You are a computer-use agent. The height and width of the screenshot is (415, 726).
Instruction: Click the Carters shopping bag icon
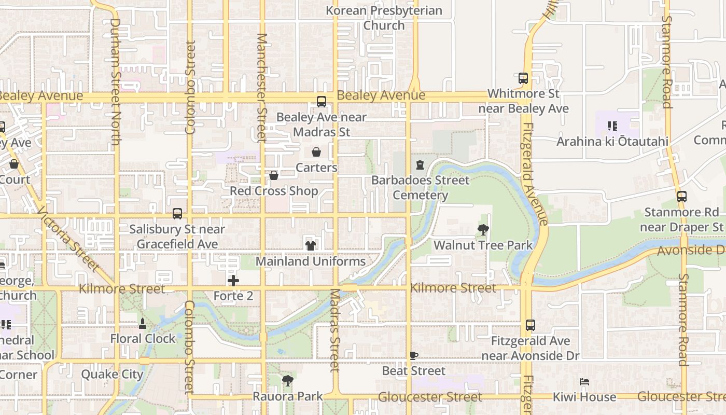point(316,152)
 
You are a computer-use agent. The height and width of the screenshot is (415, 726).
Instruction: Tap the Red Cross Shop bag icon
point(274,176)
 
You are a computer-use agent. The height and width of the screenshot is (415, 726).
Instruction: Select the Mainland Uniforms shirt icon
point(311,245)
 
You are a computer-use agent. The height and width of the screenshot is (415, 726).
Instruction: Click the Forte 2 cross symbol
point(233,281)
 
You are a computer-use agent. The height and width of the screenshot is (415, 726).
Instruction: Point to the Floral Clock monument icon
point(143,324)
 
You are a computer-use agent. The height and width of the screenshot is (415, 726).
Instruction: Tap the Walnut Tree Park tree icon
point(483,229)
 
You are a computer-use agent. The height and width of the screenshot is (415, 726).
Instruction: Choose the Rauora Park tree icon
point(287,381)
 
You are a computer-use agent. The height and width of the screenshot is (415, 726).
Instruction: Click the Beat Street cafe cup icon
point(413,356)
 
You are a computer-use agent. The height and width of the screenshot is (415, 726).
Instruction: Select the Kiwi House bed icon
point(584,382)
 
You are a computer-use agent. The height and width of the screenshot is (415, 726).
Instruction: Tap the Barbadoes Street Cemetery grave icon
point(420,165)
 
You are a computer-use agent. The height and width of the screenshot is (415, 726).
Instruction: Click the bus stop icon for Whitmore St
point(523,78)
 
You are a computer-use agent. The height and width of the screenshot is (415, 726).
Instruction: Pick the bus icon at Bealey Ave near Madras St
point(322,102)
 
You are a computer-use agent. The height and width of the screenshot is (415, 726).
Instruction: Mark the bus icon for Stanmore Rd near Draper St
point(682,197)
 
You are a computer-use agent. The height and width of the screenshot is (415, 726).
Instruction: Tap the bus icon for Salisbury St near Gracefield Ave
point(177,214)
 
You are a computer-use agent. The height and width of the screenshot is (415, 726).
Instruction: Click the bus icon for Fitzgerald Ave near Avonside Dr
point(530,325)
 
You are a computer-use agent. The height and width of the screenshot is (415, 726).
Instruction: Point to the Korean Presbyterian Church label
point(384,18)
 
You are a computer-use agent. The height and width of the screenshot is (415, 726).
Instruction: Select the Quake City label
point(112,374)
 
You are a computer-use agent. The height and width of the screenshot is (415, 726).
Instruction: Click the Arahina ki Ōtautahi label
point(612,141)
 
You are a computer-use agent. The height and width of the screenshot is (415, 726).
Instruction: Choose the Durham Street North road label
point(116,82)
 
